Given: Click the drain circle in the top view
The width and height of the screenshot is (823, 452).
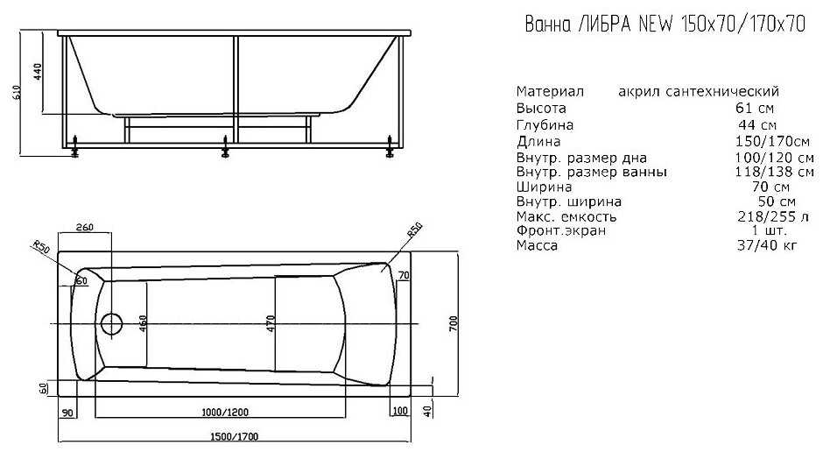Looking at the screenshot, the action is point(110,324).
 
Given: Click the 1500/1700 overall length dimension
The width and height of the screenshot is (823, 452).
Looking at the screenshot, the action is point(235,436).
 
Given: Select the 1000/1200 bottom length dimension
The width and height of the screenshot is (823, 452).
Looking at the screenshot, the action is point(225,412).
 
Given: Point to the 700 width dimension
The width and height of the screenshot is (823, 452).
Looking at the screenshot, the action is point(454,323).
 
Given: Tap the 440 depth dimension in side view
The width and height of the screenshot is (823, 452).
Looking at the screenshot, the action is point(38,72).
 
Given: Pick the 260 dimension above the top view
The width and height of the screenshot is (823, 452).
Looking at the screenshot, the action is point(85,227).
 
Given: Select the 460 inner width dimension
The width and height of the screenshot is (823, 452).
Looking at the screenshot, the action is point(142,324).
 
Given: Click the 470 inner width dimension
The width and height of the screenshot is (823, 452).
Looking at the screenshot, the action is point(271,324).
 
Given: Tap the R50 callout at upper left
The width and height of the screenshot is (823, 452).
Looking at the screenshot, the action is point(41,247).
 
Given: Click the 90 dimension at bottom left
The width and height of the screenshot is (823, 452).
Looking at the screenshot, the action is point(67,413).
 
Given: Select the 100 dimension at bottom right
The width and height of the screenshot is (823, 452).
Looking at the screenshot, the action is point(400,411).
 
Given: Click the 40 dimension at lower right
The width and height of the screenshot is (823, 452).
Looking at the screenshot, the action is point(428,411).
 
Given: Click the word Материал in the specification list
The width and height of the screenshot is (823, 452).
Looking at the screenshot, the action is point(550,92).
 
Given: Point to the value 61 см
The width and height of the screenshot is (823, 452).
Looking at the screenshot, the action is point(755,109).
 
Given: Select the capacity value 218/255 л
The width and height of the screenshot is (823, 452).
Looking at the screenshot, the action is point(773,216).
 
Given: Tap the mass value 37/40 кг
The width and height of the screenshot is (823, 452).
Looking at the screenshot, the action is point(767,244).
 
